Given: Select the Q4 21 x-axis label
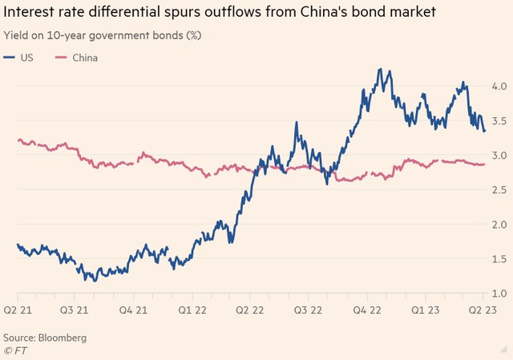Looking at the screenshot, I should [132, 309].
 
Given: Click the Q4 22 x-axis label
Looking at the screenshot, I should [366, 309].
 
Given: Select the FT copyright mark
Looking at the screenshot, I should [14, 350].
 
